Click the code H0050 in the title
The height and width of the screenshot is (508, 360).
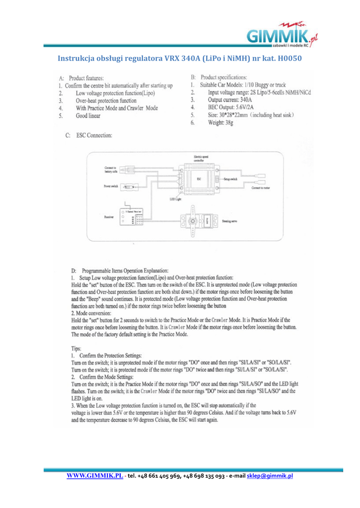(x=289, y=59)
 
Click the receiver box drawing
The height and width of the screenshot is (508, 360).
(x=132, y=217)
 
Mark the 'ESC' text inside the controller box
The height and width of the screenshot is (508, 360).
(x=198, y=177)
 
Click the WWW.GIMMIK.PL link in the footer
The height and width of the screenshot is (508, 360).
(x=95, y=476)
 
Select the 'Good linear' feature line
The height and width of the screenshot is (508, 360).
(x=88, y=116)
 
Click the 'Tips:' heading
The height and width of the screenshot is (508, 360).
(x=78, y=348)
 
